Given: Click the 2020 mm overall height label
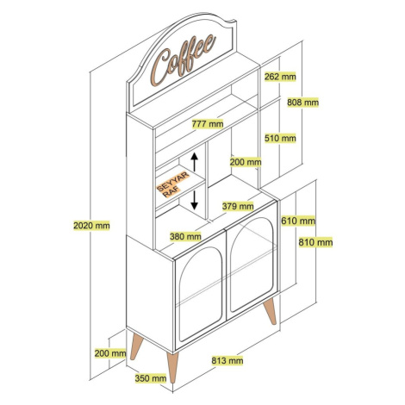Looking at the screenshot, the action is (91, 226).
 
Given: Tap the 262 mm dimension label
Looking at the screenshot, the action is (280, 77).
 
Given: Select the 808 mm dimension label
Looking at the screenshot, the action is (303, 103).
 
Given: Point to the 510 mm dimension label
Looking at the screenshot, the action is (280, 138).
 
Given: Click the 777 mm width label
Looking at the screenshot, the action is (208, 124).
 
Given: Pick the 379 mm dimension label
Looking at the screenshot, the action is (238, 206).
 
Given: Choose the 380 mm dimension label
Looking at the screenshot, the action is (185, 237).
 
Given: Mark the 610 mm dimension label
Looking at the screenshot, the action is (298, 221).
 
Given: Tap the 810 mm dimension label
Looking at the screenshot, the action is (315, 242).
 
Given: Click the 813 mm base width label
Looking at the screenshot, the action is (227, 360).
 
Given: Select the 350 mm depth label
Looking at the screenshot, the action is (151, 378).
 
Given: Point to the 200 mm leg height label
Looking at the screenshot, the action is (110, 353).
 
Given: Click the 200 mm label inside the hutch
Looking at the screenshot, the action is (246, 162).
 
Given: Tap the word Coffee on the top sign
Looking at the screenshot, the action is (184, 59).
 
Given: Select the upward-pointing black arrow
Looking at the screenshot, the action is (195, 162).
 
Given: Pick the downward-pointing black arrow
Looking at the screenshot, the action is (195, 200).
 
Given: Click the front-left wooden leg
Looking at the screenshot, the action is (172, 367).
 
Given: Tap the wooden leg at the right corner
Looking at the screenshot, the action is (270, 312).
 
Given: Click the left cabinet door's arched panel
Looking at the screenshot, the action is (200, 294).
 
